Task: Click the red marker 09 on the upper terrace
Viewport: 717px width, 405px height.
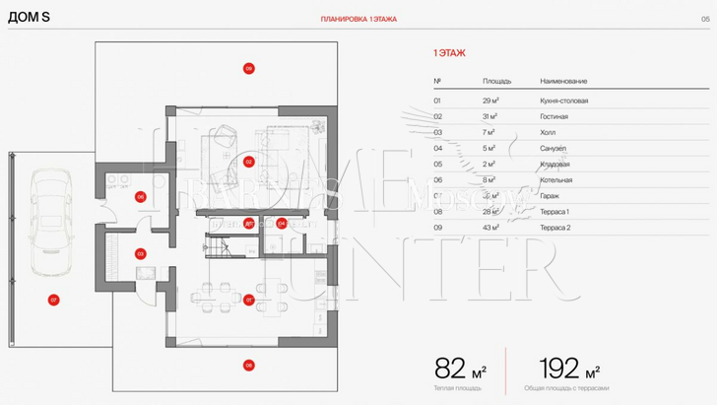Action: click(249, 68)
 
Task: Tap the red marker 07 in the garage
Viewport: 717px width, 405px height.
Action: click(53, 300)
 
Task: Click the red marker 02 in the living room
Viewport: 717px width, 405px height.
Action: click(249, 162)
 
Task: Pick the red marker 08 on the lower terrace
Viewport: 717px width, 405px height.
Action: click(249, 365)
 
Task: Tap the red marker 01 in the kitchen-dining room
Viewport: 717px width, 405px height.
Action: click(249, 300)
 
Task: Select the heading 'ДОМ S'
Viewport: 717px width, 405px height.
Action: click(29, 19)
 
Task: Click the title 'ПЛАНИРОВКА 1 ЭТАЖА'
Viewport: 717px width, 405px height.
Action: click(358, 19)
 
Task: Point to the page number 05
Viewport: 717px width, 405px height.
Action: click(705, 19)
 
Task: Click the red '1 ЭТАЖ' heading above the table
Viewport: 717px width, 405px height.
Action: click(449, 51)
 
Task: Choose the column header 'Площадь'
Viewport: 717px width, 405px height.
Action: click(496, 81)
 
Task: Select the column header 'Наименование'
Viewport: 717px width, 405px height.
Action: click(563, 81)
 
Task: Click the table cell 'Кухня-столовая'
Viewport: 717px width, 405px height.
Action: click(564, 101)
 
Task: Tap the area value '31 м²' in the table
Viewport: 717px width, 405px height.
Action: click(491, 116)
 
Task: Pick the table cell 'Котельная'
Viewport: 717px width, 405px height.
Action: click(556, 180)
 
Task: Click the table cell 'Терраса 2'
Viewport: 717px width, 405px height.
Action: click(556, 228)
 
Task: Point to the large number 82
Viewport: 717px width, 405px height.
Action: click(450, 370)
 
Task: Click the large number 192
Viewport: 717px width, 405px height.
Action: click(559, 370)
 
